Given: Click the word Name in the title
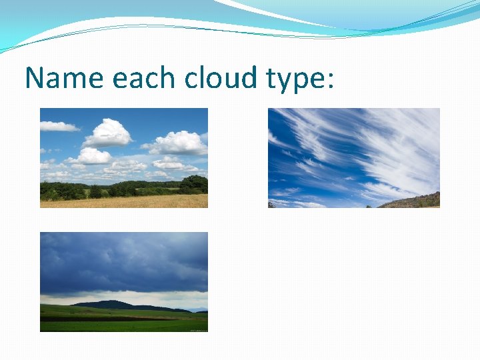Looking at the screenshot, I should [x=64, y=78].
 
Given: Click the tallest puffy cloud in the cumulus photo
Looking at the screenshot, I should [x=108, y=133].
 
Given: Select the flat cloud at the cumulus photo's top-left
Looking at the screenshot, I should [x=58, y=126].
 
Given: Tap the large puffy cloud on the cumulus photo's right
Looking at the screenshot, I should [x=179, y=142].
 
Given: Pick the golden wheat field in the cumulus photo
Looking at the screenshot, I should [x=123, y=201].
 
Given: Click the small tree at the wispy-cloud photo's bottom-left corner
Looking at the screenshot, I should [x=271, y=205].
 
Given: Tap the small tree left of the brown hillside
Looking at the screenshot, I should [x=369, y=205].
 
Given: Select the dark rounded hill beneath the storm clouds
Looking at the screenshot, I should [x=107, y=305].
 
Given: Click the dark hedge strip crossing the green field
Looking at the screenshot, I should [x=100, y=319].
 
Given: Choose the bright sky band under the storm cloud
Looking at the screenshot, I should [x=133, y=297].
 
